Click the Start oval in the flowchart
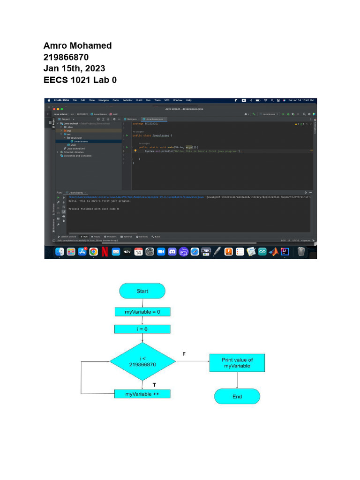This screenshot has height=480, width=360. pyautogui.click(x=142, y=291)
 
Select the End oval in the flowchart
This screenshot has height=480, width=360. pyautogui.click(x=237, y=397)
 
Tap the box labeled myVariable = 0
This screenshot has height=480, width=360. pyautogui.click(x=142, y=312)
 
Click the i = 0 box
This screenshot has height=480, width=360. pyautogui.click(x=142, y=329)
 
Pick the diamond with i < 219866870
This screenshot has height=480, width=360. pyautogui.click(x=142, y=361)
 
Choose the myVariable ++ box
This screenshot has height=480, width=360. pyautogui.click(x=142, y=394)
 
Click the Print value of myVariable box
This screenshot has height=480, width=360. pyautogui.click(x=237, y=363)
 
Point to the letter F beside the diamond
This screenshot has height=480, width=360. pyautogui.click(x=184, y=354)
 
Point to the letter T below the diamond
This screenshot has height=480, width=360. pyautogui.click(x=154, y=384)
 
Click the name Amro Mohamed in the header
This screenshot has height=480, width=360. pyautogui.click(x=77, y=45)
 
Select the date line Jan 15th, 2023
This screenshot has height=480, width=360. pyautogui.click(x=74, y=68)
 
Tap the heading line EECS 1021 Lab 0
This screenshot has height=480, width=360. pyautogui.click(x=80, y=80)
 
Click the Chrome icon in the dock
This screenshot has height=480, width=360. pyautogui.click(x=93, y=252)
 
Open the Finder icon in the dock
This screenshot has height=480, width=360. pyautogui.click(x=60, y=252)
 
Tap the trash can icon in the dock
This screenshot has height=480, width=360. pyautogui.click(x=301, y=252)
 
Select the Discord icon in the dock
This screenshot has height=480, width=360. pyautogui.click(x=172, y=252)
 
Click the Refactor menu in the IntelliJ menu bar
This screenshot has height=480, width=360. pyautogui.click(x=127, y=100)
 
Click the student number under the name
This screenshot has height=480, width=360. pyautogui.click(x=66, y=57)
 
